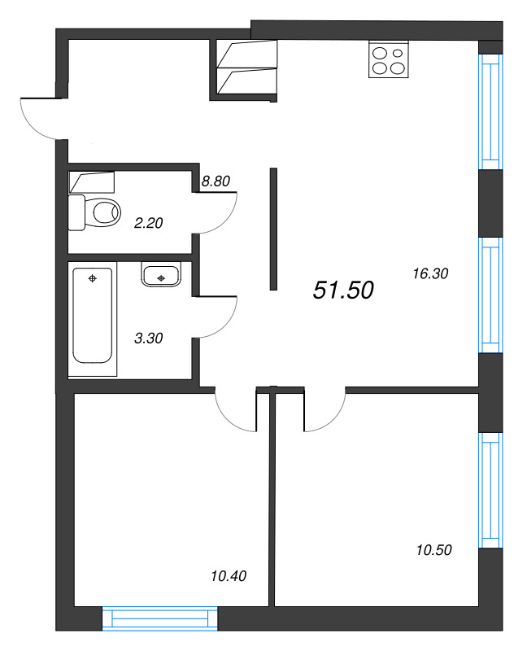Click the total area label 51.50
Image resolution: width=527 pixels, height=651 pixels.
pyautogui.click(x=343, y=290)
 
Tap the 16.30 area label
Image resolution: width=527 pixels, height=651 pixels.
pyautogui.click(x=431, y=274)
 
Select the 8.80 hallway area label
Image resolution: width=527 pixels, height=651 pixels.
pyautogui.click(x=216, y=181)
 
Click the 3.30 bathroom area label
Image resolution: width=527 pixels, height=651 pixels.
pyautogui.click(x=148, y=338)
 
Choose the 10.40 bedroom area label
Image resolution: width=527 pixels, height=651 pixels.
pyautogui.click(x=228, y=576)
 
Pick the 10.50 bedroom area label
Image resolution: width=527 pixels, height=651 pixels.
pyautogui.click(x=433, y=550)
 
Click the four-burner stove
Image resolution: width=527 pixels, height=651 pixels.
pyautogui.click(x=388, y=59)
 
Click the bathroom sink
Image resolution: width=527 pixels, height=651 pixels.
pyautogui.click(x=162, y=275)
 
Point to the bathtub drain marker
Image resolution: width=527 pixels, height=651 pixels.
pyautogui.click(x=93, y=278)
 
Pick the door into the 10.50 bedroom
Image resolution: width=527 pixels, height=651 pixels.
pyautogui.click(x=325, y=412)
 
